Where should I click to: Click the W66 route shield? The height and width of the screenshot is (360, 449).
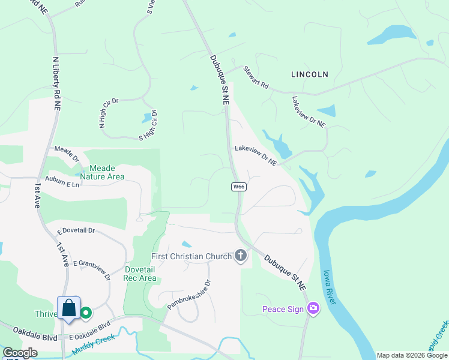(239, 187)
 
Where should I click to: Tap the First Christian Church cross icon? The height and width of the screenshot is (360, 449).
(241, 256)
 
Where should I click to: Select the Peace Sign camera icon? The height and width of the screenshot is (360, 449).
(313, 309)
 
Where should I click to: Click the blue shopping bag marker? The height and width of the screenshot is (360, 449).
(69, 308)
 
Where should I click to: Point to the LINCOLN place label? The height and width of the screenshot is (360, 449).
(310, 74)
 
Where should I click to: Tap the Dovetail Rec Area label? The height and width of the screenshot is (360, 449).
(139, 274)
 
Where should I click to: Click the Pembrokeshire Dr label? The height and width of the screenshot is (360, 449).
(190, 295)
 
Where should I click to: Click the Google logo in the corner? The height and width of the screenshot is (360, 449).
(19, 353)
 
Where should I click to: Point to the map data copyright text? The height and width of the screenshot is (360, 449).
(411, 355)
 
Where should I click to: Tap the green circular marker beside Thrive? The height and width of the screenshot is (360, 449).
(86, 313)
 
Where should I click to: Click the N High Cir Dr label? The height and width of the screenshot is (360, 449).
(109, 113)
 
